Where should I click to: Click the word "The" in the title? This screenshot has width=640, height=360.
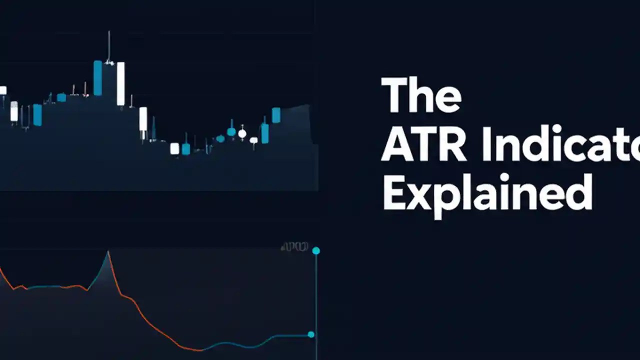(x=421, y=95)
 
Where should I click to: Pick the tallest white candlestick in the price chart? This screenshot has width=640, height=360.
(x=120, y=83)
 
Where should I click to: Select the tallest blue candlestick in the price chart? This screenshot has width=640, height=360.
(x=97, y=78)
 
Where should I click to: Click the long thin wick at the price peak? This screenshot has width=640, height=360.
(x=109, y=46)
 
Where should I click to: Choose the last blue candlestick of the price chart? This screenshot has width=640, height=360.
(x=276, y=115)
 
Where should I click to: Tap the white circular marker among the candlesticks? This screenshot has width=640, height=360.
(x=242, y=133)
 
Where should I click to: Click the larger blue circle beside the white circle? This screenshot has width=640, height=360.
(x=231, y=132)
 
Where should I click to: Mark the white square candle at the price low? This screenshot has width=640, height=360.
(x=174, y=148)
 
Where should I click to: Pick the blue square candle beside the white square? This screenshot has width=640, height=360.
(x=186, y=149)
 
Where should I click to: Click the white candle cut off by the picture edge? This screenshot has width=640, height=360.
(x=2, y=90)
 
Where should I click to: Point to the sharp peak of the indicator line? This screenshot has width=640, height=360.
(x=107, y=252)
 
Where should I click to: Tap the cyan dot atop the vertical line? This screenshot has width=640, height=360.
(x=316, y=250)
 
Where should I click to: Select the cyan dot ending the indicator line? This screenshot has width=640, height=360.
(x=311, y=334)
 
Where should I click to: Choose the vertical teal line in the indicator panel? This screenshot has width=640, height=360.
(x=316, y=300)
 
